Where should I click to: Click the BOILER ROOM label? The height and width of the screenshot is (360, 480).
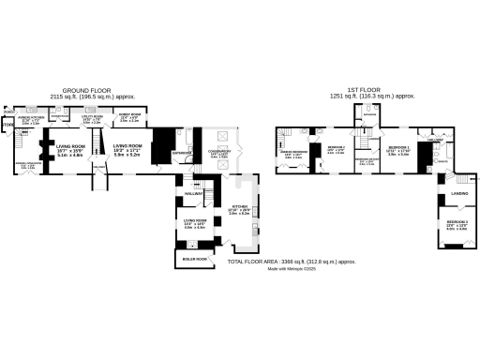tap(195, 258)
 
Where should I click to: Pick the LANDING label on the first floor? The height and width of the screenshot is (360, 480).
tap(459, 194)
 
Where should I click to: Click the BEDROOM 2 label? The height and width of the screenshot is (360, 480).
tap(337, 147)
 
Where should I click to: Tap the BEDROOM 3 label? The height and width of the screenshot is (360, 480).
tap(457, 220)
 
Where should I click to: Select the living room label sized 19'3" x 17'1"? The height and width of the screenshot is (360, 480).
tap(127, 147)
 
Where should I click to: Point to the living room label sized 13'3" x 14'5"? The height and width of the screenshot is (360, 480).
tap(194, 220)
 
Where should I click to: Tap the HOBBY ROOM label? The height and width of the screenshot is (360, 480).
tap(129, 118)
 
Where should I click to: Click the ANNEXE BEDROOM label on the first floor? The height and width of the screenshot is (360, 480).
tap(294, 152)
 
